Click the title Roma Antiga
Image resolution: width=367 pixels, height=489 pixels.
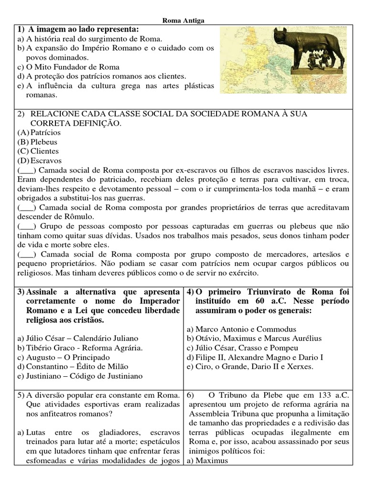[x=183, y=21]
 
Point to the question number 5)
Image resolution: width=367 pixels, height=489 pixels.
[x=21, y=395]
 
